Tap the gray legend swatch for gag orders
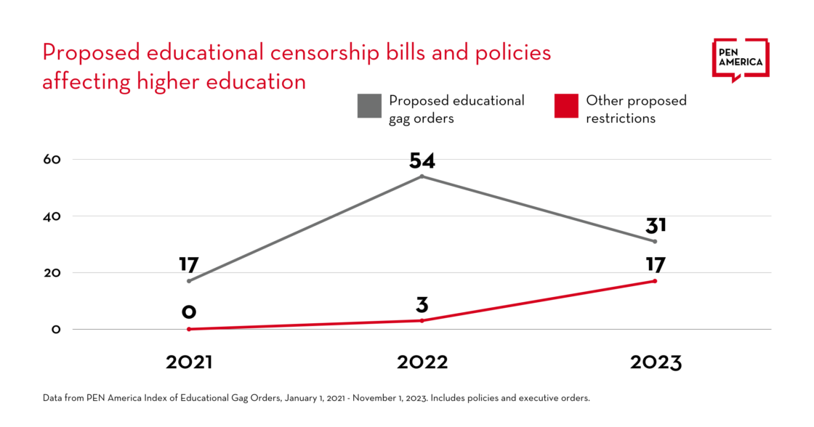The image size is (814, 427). pos(369,106)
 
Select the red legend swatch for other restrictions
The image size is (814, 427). pos(566,106)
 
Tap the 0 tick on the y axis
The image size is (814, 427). pos(56,329)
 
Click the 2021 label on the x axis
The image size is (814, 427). pos(189,362)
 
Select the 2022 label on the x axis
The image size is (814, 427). pos(422,362)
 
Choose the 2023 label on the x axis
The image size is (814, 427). pos(655,362)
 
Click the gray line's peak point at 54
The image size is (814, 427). pos(422,176)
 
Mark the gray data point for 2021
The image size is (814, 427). pos(189,281)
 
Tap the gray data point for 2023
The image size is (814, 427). pos(655,241)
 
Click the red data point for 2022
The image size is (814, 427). pos(422,320)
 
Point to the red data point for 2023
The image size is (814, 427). pos(655,281)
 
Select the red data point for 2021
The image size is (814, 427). pos(189,329)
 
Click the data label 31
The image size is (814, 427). pos(655,225)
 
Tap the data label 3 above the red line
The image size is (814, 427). pos(422,304)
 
